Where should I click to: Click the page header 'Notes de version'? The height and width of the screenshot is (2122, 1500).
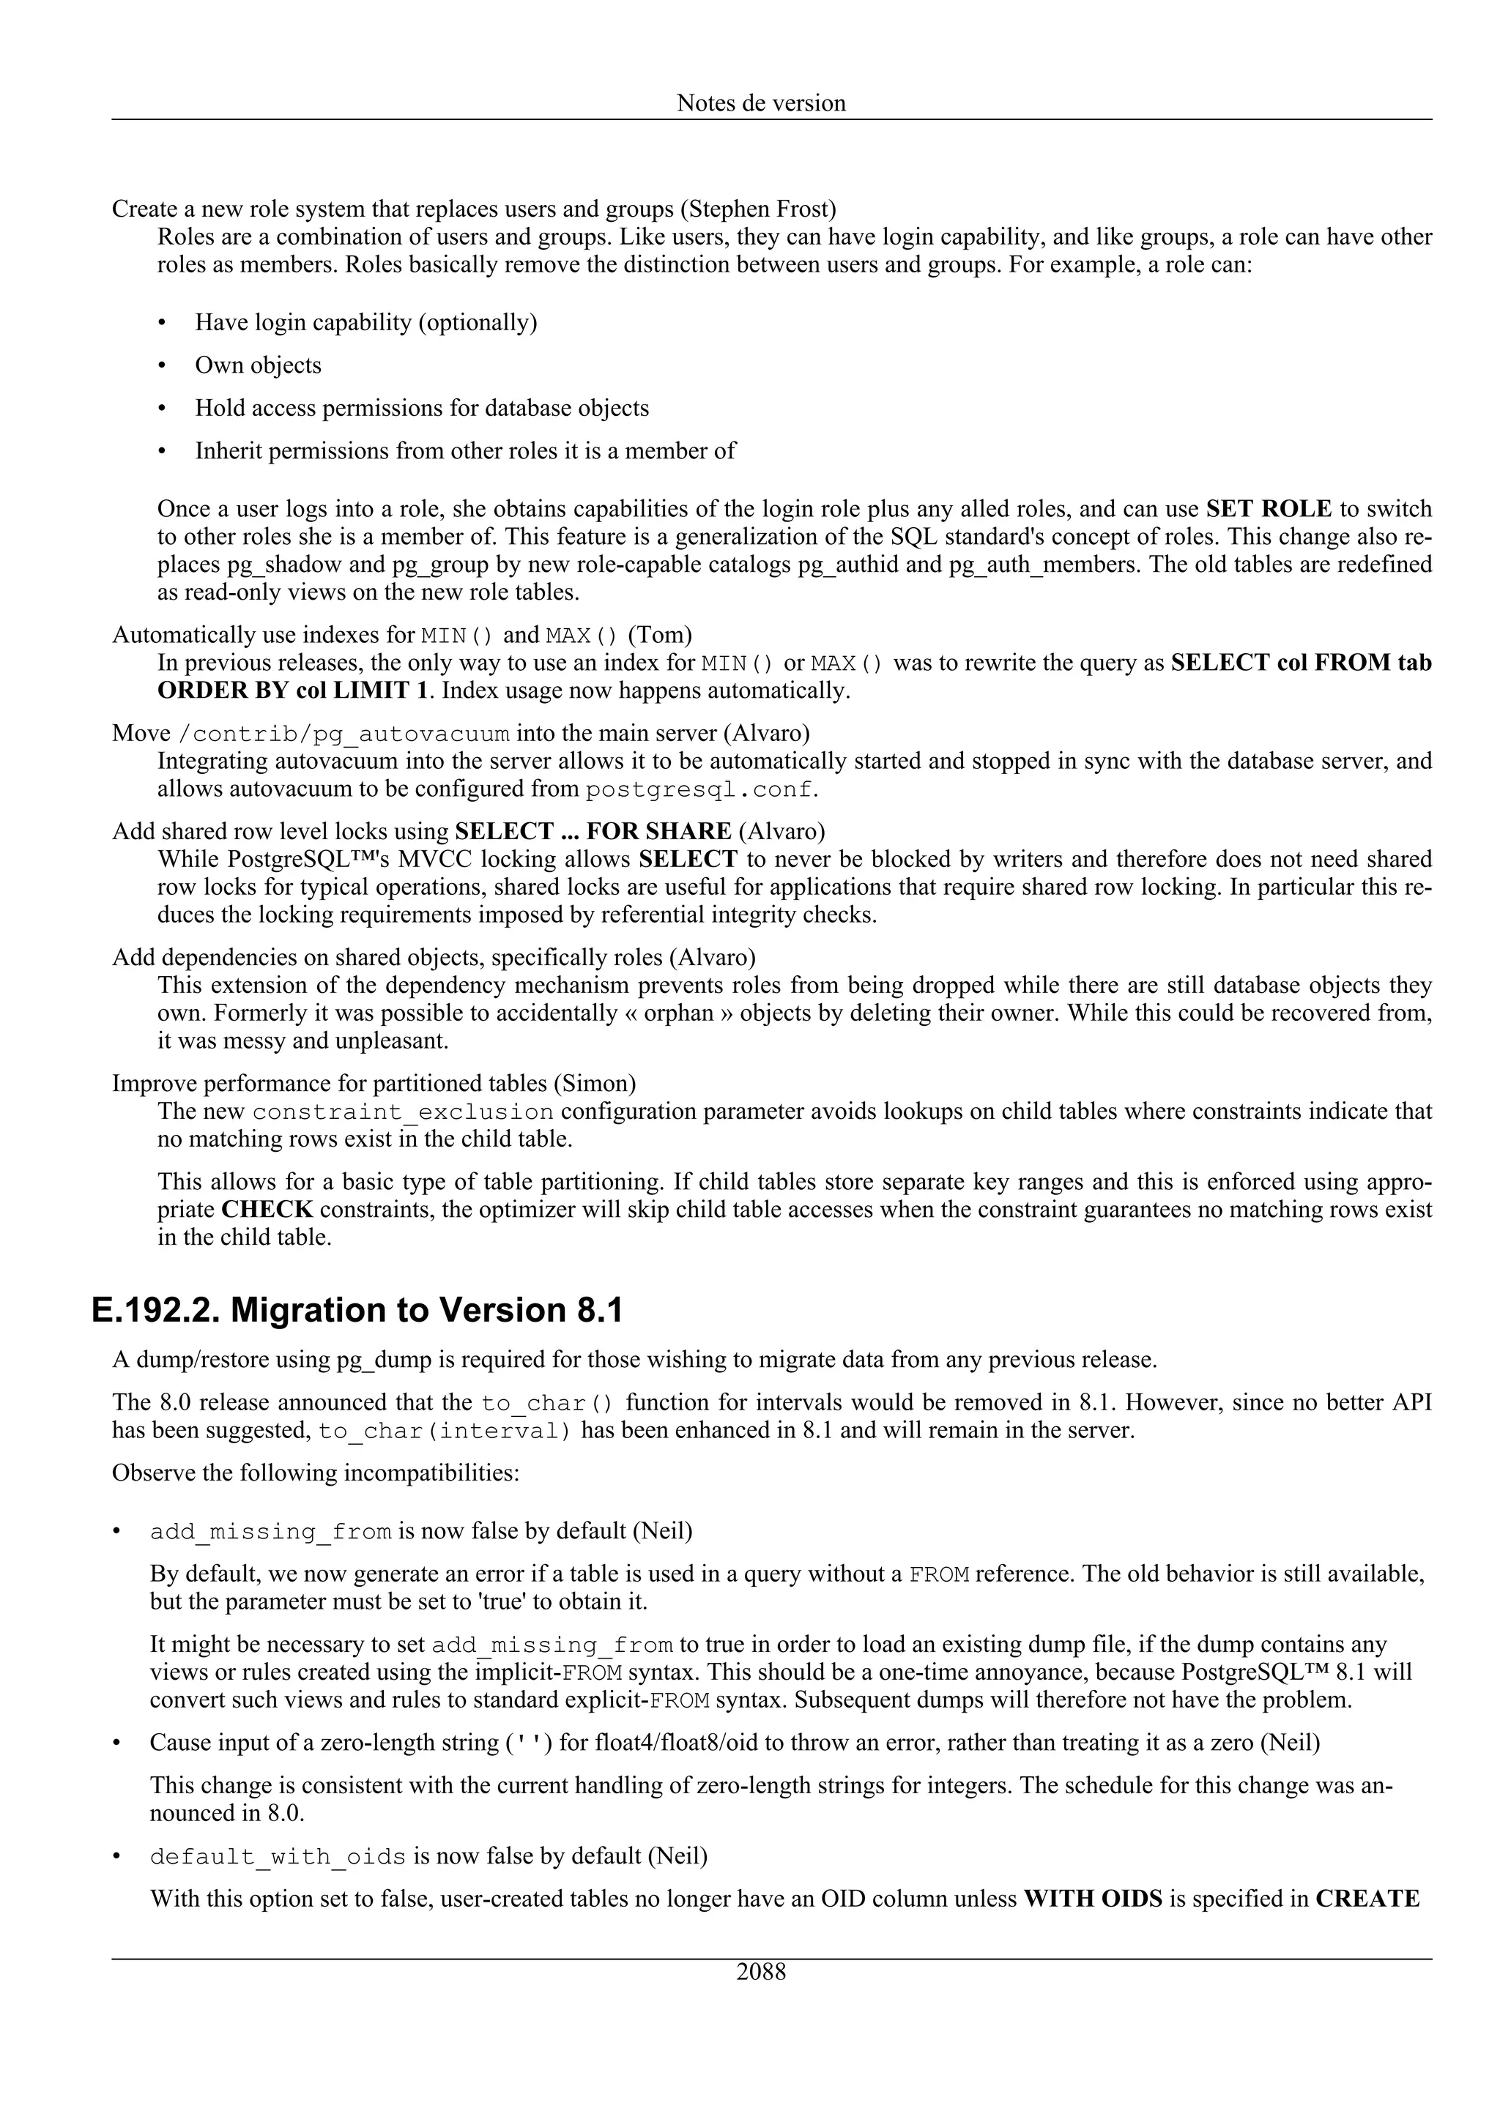click(761, 103)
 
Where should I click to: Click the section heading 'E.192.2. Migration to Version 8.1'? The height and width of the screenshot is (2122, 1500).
click(357, 1311)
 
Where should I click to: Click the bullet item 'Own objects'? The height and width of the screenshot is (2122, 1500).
click(258, 365)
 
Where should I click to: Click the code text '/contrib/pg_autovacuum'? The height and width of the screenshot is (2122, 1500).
click(343, 734)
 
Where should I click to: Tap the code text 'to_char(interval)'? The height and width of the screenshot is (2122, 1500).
click(445, 1432)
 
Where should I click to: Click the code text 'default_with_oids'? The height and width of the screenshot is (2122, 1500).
click(278, 1857)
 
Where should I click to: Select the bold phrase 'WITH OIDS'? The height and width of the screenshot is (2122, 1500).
click(1093, 1899)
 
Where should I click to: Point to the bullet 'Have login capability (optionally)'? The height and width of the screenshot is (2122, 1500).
click(366, 323)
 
